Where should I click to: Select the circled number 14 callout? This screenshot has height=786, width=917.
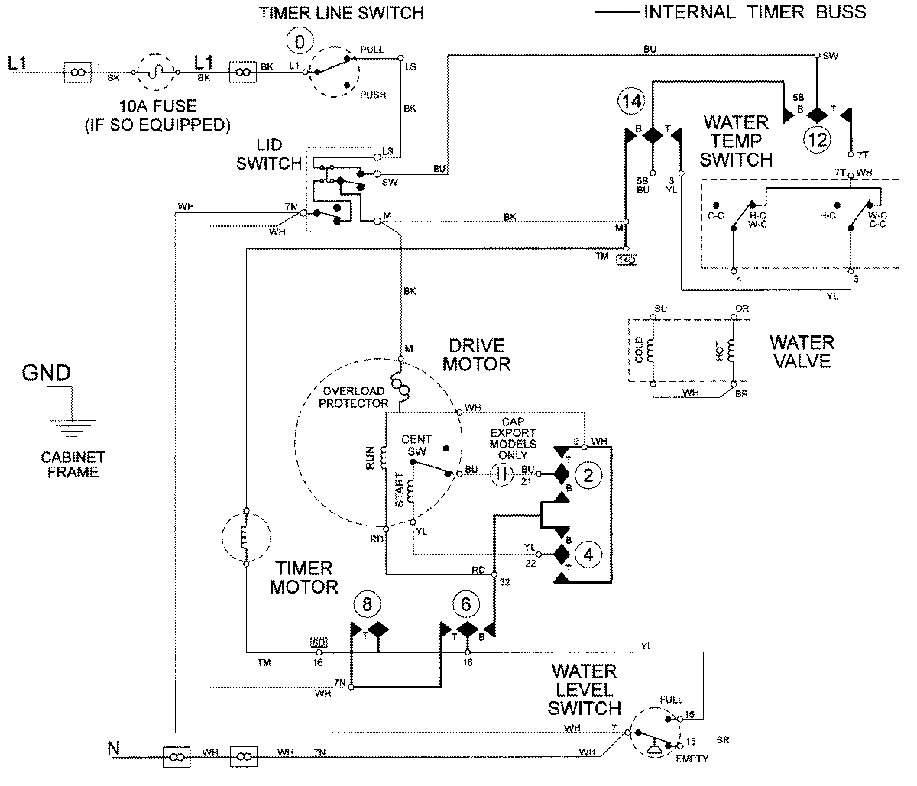tap(632, 100)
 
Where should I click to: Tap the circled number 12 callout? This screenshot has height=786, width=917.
tap(817, 140)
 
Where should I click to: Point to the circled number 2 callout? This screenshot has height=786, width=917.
tap(588, 476)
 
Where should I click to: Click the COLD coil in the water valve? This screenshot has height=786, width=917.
tap(653, 351)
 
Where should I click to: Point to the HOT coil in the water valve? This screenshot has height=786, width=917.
tap(733, 351)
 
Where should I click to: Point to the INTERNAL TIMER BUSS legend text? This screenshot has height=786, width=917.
tap(755, 11)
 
